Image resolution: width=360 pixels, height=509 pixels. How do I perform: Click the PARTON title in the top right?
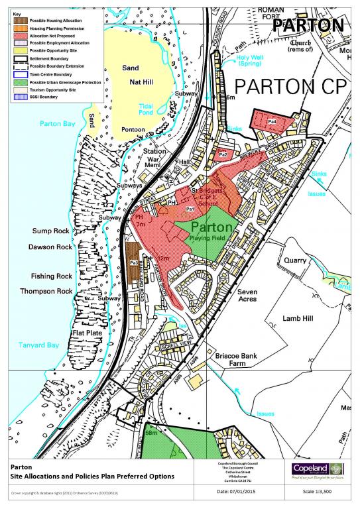pos(308,25)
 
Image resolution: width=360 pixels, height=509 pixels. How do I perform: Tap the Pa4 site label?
pos(272,122)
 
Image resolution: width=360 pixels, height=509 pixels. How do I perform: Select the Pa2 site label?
pos(223,154)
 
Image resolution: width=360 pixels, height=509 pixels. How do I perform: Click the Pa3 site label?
pos(133,263)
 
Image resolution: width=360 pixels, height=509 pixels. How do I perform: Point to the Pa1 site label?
pos(190,209)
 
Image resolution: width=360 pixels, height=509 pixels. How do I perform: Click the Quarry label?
pos(294,260)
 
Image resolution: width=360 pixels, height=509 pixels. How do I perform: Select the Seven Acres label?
pos(252,294)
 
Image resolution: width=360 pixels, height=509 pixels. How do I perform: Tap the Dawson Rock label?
pos(50,247)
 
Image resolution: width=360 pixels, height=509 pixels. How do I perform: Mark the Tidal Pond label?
pos(147,110)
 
